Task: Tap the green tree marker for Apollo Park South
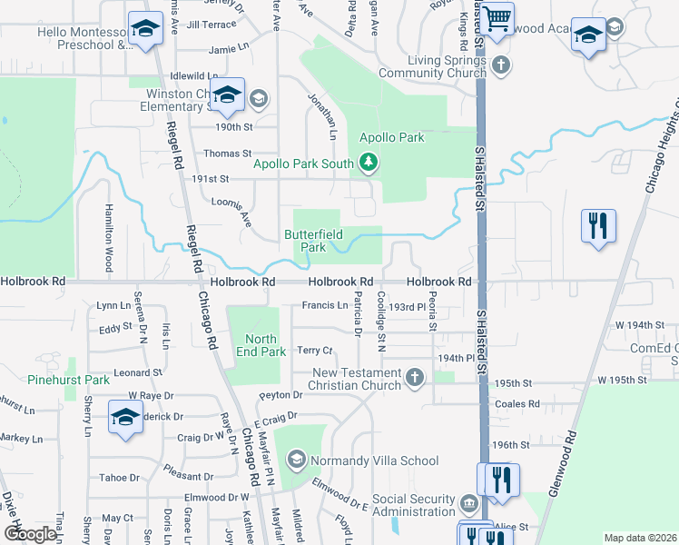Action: (369, 163)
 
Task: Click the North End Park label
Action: (261, 346)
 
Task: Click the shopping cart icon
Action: (497, 18)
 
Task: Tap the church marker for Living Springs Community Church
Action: (500, 65)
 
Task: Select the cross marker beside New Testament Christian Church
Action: (415, 378)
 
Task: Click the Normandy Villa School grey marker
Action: (296, 461)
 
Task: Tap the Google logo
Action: (29, 534)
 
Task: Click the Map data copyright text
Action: (641, 538)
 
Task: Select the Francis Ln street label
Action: (324, 306)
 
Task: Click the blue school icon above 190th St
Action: (227, 94)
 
